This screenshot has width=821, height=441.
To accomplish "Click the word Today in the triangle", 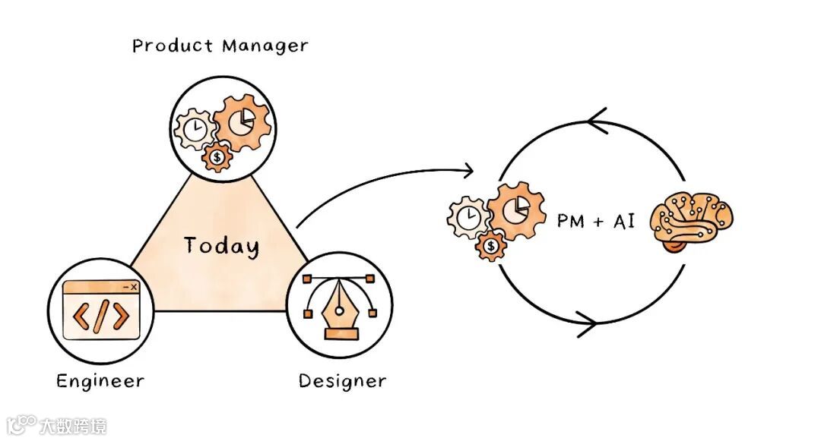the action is click(221, 246).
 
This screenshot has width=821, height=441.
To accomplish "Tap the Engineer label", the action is click(100, 380).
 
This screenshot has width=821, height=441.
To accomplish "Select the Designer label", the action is click(342, 380).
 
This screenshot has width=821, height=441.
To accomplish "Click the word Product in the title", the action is click(173, 46).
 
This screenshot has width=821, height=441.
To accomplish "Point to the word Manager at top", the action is click(265, 46).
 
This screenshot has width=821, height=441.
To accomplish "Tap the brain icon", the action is click(693, 222).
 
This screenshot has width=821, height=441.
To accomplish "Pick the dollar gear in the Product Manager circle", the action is click(219, 157).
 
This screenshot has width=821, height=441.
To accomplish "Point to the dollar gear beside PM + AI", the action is click(492, 246).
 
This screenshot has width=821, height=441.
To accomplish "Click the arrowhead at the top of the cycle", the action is click(598, 121).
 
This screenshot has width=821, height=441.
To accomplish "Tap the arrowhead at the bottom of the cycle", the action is click(587, 324).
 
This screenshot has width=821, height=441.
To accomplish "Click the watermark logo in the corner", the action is click(22, 424).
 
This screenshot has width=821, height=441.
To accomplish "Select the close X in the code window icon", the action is click(134, 287).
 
